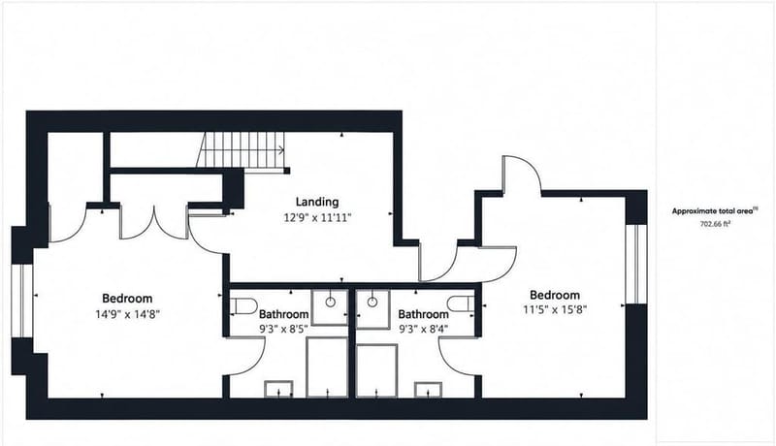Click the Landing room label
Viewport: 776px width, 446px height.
pyautogui.click(x=317, y=202)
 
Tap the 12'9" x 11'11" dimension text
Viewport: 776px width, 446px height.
pyautogui.click(x=317, y=217)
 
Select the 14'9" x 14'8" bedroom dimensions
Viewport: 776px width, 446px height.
pyautogui.click(x=127, y=314)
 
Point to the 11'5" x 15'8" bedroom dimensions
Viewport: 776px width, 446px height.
pyautogui.click(x=555, y=310)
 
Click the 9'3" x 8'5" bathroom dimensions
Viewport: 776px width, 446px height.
pyautogui.click(x=283, y=329)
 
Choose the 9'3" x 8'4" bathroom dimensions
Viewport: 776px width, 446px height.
pyautogui.click(x=423, y=329)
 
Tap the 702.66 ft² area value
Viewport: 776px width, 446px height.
pyautogui.click(x=715, y=224)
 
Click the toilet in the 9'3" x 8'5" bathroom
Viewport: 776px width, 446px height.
pyautogui.click(x=243, y=306)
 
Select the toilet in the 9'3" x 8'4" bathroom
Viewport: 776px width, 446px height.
pyautogui.click(x=461, y=303)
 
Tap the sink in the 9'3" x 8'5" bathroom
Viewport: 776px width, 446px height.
pyautogui.click(x=330, y=307)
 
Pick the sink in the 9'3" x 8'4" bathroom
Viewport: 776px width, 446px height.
pyautogui.click(x=372, y=309)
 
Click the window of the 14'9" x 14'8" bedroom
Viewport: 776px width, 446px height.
pyautogui.click(x=21, y=301)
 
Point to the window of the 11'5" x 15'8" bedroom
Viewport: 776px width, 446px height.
pyautogui.click(x=636, y=264)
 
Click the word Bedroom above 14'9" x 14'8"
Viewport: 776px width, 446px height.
pyautogui.click(x=127, y=299)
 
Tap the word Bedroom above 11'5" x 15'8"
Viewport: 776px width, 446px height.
pyautogui.click(x=555, y=295)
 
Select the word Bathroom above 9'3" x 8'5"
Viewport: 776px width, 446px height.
pyautogui.click(x=283, y=314)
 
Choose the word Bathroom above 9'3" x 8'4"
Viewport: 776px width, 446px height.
pyautogui.click(x=423, y=314)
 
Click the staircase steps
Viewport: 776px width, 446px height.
pyautogui.click(x=241, y=150)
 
